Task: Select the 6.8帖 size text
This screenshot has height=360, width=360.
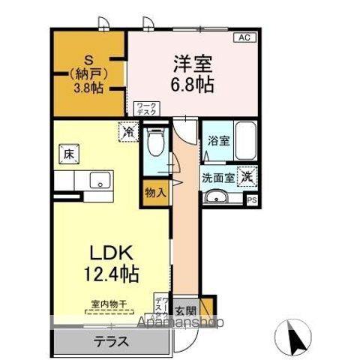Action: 193,83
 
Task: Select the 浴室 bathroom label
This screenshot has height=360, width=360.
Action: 217,140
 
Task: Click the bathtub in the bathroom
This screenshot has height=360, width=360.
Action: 246,140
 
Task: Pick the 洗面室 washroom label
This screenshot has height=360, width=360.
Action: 217,178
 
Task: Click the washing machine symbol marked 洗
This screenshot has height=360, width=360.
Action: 246,178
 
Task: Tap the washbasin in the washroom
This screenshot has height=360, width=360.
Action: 217,198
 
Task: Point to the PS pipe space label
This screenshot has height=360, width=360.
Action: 251,199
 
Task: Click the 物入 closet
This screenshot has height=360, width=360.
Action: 156,193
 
